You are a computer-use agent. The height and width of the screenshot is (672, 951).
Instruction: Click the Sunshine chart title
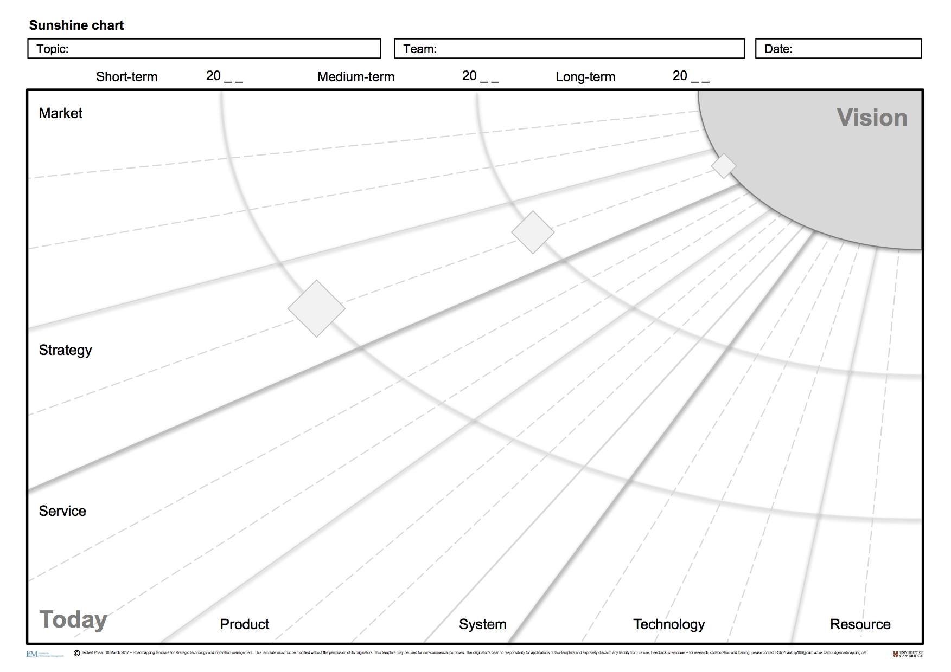[76, 25]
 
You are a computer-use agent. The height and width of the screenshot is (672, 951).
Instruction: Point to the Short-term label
[126, 77]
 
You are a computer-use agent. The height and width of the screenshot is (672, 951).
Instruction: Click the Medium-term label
[356, 77]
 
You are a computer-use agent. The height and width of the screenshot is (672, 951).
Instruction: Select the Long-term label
[585, 77]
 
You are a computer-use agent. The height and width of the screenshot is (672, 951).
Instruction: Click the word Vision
[872, 118]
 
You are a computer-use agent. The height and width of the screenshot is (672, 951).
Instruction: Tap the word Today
[73, 619]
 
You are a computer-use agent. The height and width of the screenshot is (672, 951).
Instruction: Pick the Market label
[61, 113]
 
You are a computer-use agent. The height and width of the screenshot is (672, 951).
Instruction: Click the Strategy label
[65, 350]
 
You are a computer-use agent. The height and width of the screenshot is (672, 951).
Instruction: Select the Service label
[62, 511]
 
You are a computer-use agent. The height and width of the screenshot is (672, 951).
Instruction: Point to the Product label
[245, 624]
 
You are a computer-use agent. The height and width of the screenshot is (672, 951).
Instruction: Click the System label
[482, 624]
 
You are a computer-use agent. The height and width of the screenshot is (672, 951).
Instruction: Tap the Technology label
[669, 624]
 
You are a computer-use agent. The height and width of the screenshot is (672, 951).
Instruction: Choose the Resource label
[860, 624]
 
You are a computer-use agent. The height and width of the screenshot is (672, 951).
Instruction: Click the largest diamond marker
[316, 308]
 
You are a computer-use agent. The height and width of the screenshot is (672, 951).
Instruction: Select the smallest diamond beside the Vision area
[724, 166]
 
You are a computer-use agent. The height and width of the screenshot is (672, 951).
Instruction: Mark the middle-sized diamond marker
[533, 232]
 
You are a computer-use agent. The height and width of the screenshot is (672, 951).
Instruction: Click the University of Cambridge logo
[908, 654]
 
